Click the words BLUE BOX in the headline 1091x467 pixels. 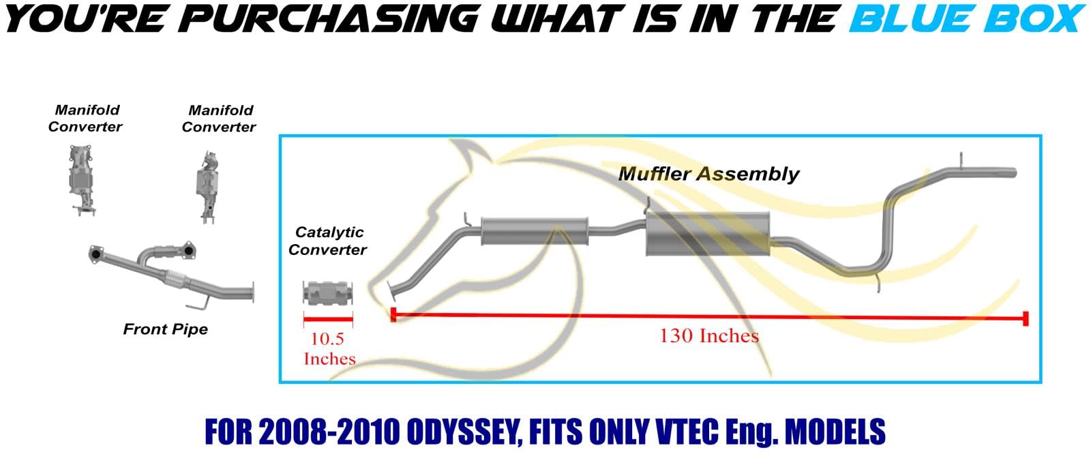tap(966, 19)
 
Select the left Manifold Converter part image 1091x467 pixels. tap(81, 180)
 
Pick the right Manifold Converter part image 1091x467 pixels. tap(208, 187)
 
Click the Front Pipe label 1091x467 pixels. tap(166, 330)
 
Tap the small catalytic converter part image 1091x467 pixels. tap(328, 292)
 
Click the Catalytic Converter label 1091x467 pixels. tap(327, 241)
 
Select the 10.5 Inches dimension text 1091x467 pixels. tap(329, 348)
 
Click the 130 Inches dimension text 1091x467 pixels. tap(709, 336)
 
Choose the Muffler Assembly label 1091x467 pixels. tap(708, 174)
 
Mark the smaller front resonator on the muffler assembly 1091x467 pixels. tap(535, 231)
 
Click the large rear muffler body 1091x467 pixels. tap(708, 234)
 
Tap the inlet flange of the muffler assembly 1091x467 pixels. tap(393, 289)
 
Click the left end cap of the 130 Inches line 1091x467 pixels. tap(393, 314)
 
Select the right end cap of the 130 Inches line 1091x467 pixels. tap(1026, 319)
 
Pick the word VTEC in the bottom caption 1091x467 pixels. tap(687, 432)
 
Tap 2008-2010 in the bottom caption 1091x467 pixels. tap(329, 432)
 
